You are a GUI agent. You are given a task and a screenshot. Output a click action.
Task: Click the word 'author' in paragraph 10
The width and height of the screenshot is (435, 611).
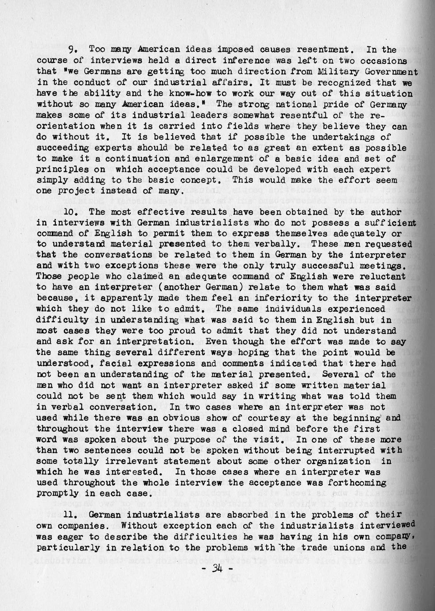coord(391,212)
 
